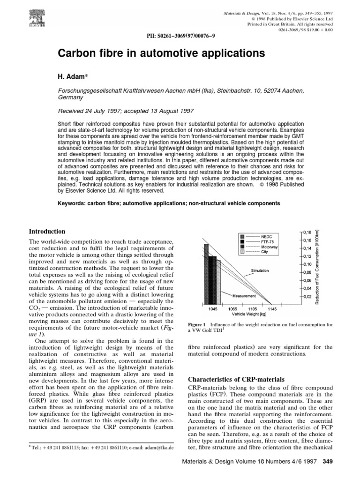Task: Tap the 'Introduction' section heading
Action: (x=47, y=232)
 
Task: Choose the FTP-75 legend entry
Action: (x=268, y=242)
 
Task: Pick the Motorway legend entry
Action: (x=270, y=247)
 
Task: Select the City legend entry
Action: (x=265, y=252)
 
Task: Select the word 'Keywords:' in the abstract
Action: (x=73, y=203)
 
